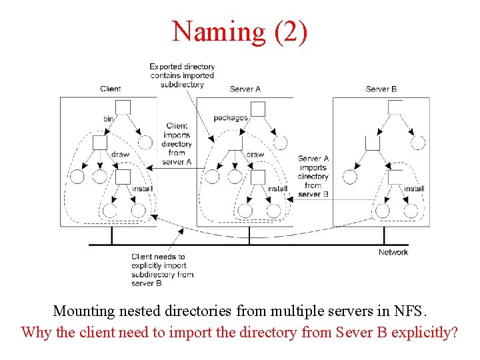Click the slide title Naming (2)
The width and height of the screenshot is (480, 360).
(240, 31)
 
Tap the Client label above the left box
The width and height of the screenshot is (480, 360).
(111, 89)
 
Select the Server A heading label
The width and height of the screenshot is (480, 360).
(245, 89)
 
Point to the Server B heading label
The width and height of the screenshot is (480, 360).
(381, 89)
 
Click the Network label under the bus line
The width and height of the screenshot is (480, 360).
(393, 252)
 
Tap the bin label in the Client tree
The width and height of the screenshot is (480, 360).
(108, 118)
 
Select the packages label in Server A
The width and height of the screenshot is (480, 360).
(231, 118)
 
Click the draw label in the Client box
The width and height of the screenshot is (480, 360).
(120, 155)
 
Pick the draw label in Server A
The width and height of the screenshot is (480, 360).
(255, 155)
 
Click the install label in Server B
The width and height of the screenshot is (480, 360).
(414, 189)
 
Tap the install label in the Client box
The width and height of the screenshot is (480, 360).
(142, 189)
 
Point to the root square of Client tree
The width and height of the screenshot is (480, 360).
(123, 107)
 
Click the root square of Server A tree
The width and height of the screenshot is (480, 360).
(257, 109)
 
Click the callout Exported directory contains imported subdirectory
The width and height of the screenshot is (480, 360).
(182, 75)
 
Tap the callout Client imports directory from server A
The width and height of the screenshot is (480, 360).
(177, 143)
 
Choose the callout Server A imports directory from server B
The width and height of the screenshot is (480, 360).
(313, 176)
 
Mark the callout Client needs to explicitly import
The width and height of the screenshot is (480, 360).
(163, 269)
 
